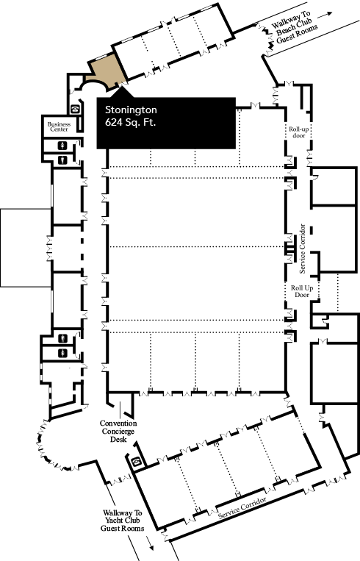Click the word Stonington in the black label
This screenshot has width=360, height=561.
point(131,110)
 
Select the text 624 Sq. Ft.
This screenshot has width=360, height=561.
point(131,122)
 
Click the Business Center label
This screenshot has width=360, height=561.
point(59,126)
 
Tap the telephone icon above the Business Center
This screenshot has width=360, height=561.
point(75,109)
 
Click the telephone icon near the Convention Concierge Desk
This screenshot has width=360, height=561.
point(137,461)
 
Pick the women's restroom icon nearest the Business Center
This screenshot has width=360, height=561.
point(63,146)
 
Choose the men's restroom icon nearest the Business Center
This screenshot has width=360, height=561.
point(63,160)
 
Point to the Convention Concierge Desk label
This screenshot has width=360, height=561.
point(118,431)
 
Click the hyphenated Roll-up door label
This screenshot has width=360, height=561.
point(299,132)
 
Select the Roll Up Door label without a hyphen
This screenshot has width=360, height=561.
point(302,291)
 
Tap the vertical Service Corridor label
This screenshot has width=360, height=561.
point(303,249)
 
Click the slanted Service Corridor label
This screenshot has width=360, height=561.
point(242,507)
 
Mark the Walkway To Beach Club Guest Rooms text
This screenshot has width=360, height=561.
point(294,27)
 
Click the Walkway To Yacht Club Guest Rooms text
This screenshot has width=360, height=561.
point(122,521)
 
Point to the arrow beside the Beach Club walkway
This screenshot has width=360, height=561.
point(325,15)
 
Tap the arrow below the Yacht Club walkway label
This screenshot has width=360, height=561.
point(150,544)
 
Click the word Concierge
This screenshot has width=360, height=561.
point(118,431)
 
